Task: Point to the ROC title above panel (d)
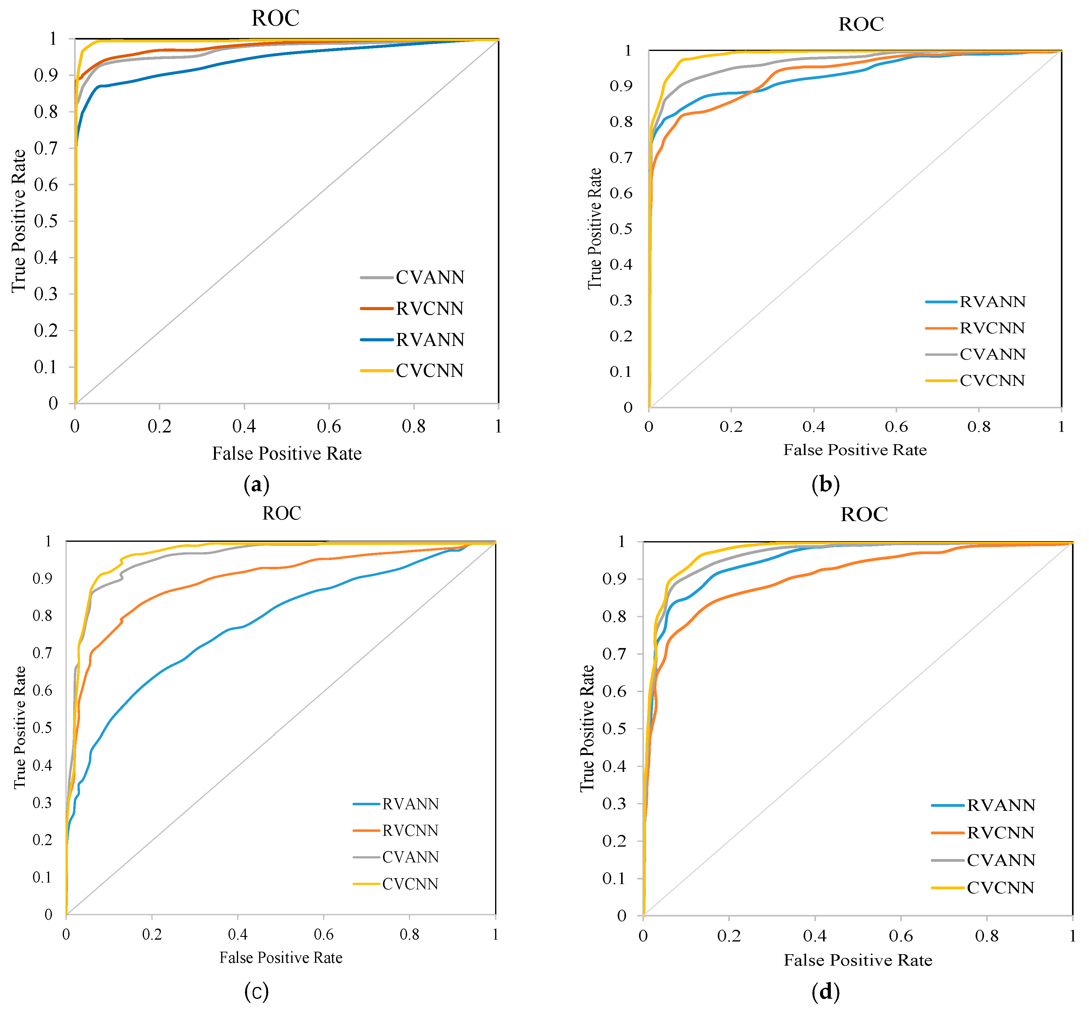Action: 864,514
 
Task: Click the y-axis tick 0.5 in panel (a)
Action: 46,221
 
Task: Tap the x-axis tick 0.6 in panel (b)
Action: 896,427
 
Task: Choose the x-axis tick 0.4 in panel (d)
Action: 814,936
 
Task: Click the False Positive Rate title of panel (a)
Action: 287,453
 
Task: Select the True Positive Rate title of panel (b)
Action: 595,229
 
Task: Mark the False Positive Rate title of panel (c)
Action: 281,957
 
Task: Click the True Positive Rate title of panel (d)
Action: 587,728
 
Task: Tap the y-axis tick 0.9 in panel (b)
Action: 621,86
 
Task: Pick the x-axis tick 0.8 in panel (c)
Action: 409,934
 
